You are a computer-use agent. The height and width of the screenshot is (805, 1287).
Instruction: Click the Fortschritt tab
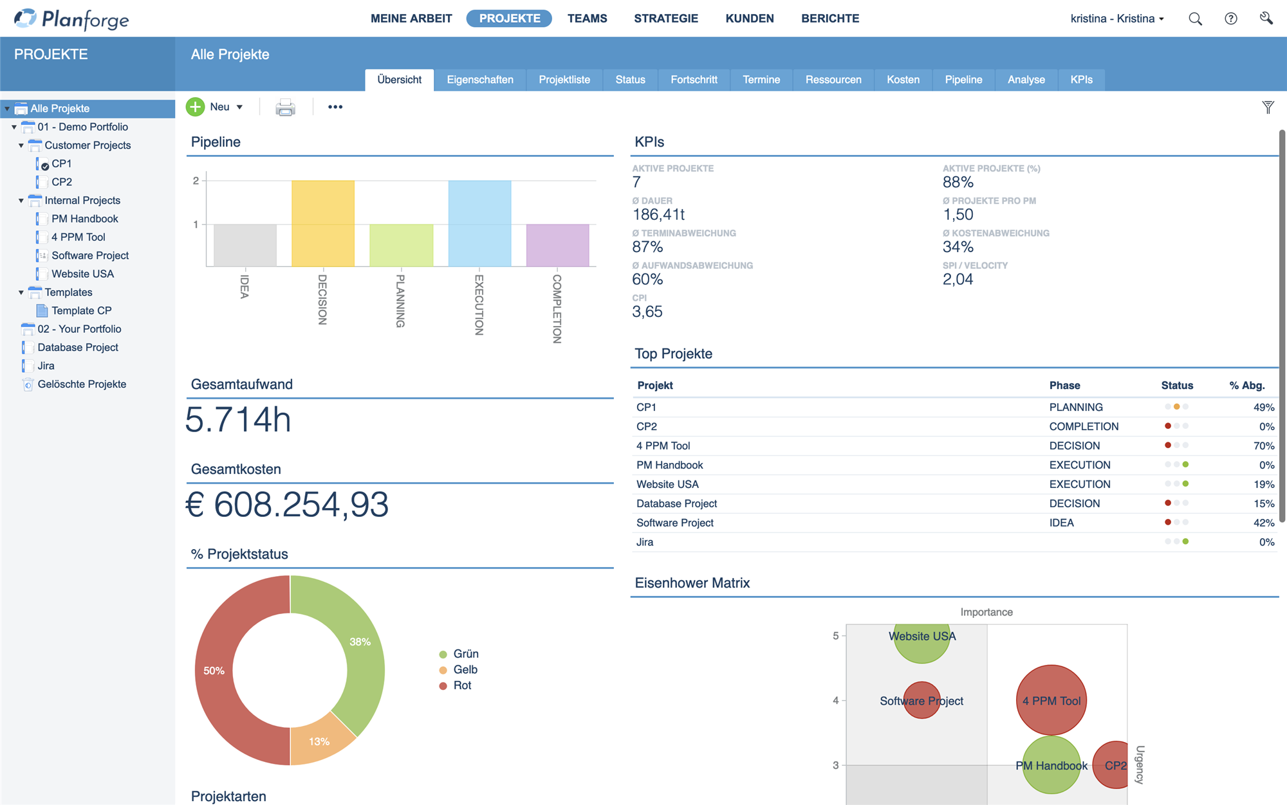(x=694, y=80)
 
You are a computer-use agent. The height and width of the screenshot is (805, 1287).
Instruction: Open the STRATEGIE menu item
(x=666, y=19)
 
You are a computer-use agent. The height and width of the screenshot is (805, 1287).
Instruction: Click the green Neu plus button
(x=196, y=107)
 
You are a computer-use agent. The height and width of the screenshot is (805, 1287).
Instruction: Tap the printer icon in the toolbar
(x=285, y=107)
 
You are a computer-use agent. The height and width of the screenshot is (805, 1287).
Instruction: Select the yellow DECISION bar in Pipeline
(x=323, y=223)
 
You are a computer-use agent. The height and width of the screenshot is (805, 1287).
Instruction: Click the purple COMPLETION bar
(x=558, y=245)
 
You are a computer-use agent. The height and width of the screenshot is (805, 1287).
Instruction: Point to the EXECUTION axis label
(x=479, y=305)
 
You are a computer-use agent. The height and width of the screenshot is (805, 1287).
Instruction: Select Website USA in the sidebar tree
(x=82, y=274)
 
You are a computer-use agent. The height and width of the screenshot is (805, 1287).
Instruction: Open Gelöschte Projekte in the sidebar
(x=82, y=384)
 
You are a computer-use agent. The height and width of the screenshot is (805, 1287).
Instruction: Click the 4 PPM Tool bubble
(x=1051, y=700)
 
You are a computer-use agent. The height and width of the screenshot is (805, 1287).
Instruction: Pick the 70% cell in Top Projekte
(x=1264, y=446)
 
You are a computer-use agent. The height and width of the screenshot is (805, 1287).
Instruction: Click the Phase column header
(x=1064, y=385)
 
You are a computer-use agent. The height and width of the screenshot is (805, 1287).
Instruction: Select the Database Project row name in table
(x=676, y=503)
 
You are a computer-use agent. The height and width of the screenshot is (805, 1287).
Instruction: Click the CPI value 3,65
(x=647, y=312)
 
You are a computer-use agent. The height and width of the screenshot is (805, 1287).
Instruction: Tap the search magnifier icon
(x=1195, y=19)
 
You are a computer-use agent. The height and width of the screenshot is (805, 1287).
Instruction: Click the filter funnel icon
(x=1268, y=107)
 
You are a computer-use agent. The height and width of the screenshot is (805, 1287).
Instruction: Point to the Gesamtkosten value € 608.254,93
(x=287, y=504)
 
